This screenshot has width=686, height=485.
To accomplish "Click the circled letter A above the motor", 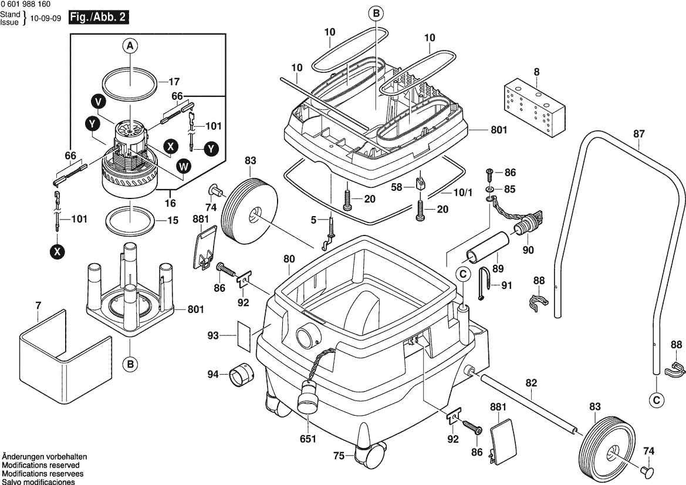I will pyautogui.click(x=130, y=45).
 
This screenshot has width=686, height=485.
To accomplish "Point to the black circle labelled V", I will pyautogui.click(x=99, y=102).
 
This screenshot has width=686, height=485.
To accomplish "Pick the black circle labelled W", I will pyautogui.click(x=184, y=167).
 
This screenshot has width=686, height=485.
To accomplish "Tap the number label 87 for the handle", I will pyautogui.click(x=638, y=134).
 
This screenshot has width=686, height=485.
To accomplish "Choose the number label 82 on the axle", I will pyautogui.click(x=531, y=382).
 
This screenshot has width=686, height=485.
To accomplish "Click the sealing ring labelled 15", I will pyautogui.click(x=130, y=220).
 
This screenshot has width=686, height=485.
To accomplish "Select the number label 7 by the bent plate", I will pyautogui.click(x=38, y=305).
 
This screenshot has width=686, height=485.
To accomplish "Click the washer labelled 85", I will pyautogui.click(x=489, y=190).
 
